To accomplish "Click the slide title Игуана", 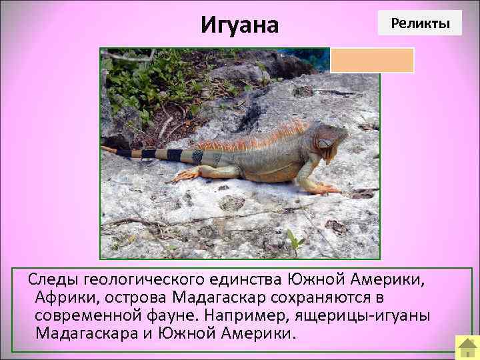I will click(239, 25).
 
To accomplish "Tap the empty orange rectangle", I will click(372, 60).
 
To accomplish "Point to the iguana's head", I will click(332, 141).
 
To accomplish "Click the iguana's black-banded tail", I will click(153, 155).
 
